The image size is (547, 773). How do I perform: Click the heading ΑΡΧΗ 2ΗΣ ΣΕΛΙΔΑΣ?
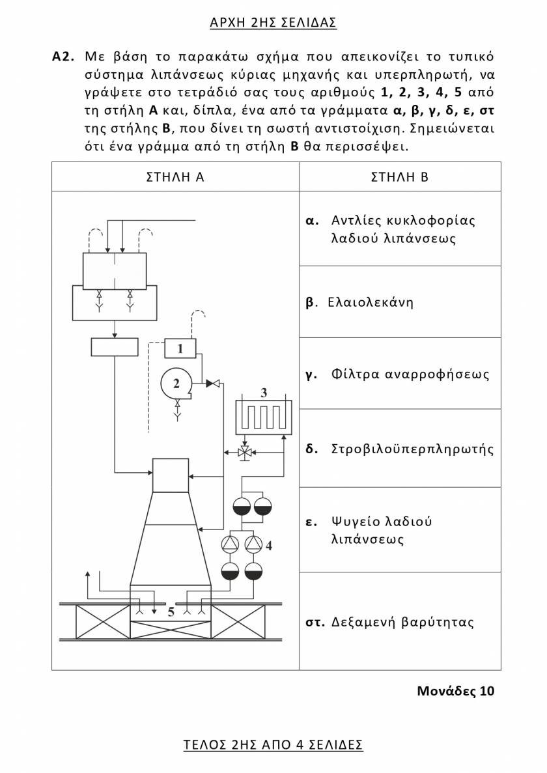(273, 23)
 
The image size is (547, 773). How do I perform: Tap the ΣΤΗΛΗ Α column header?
(175, 176)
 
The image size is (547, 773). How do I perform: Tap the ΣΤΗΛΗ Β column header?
(400, 176)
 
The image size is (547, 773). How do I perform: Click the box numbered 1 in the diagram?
(180, 349)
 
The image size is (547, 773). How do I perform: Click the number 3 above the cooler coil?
(264, 393)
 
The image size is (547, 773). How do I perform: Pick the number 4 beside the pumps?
(268, 546)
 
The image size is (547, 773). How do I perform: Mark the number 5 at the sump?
(171, 612)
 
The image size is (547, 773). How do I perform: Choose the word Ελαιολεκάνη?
(371, 302)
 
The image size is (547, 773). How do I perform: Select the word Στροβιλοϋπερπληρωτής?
(412, 449)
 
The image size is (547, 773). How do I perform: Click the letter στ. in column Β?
(315, 622)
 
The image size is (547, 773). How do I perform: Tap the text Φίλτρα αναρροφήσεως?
(410, 374)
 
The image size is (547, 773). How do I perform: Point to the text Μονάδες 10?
(455, 691)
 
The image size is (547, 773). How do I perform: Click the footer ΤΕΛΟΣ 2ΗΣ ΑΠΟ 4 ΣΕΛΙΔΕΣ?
(273, 744)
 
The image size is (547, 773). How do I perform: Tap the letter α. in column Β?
(312, 220)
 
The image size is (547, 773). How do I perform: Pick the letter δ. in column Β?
(312, 449)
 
